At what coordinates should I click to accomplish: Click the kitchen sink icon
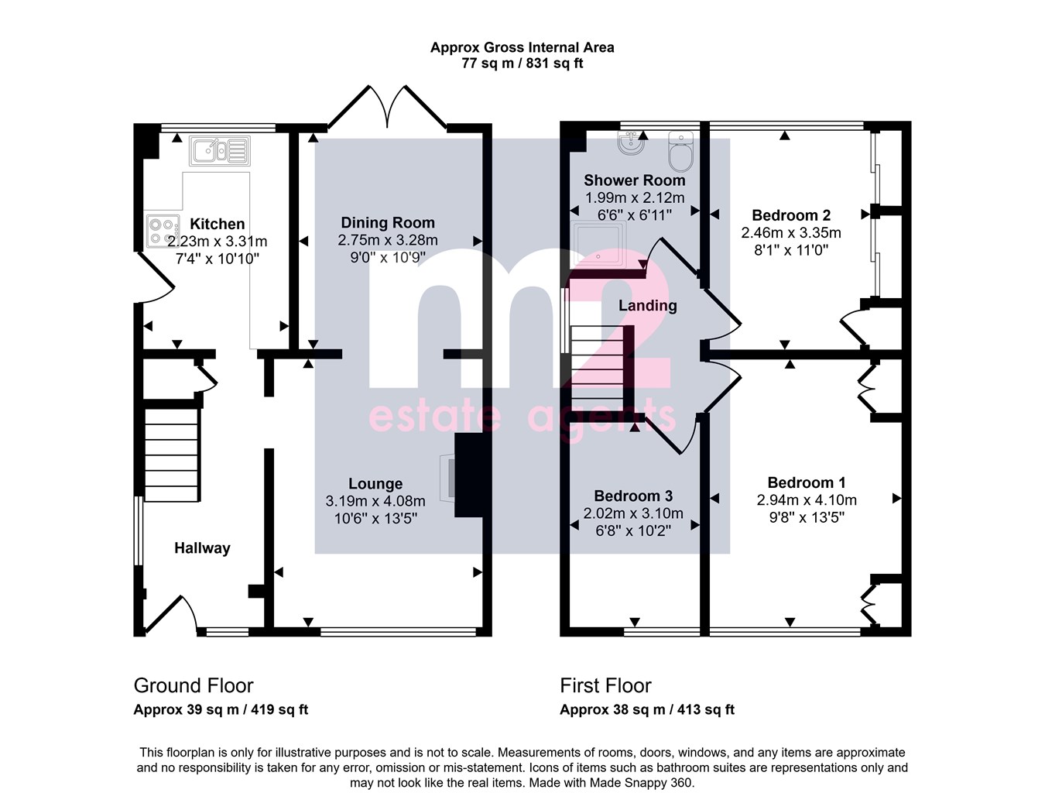pyautogui.click(x=220, y=150)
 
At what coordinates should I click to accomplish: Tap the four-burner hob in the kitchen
pyautogui.click(x=163, y=232)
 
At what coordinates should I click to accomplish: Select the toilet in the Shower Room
pyautogui.click(x=681, y=152)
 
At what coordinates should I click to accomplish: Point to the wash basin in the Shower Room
pyautogui.click(x=631, y=143)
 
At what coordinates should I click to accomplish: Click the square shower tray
pyautogui.click(x=598, y=245)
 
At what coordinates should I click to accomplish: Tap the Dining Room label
pyautogui.click(x=388, y=223)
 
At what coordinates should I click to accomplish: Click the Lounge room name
pyautogui.click(x=375, y=483)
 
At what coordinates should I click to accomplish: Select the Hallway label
pyautogui.click(x=202, y=547)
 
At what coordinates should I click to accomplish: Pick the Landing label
pyautogui.click(x=647, y=305)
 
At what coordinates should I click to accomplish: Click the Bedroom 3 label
pyautogui.click(x=633, y=496)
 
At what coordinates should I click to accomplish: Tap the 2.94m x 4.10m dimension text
pyautogui.click(x=807, y=499)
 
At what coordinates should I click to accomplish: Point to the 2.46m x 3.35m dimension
pyautogui.click(x=790, y=232)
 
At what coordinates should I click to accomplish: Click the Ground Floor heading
pyautogui.click(x=194, y=685)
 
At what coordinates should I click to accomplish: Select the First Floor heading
pyautogui.click(x=605, y=685)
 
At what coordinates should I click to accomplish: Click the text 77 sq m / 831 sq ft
pyautogui.click(x=522, y=63)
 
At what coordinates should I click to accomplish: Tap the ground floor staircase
pyautogui.click(x=172, y=455)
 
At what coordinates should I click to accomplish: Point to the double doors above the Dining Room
pyautogui.click(x=387, y=107)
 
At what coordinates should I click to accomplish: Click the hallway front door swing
pyautogui.click(x=171, y=614)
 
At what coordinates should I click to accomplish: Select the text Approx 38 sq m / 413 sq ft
pyautogui.click(x=647, y=709)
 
